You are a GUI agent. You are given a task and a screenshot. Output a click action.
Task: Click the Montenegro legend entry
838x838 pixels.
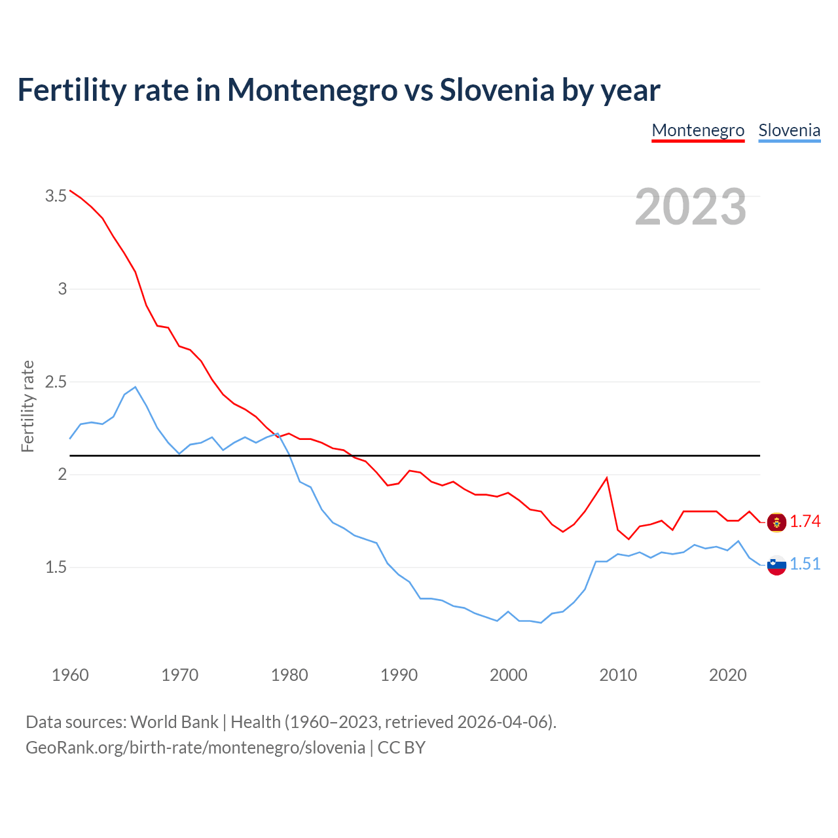point(698,130)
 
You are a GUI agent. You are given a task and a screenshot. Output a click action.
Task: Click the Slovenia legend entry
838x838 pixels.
point(789,130)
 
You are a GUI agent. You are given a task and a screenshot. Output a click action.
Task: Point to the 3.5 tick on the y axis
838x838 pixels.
point(56,196)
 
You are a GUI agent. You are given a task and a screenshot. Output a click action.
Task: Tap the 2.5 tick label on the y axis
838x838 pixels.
point(56,382)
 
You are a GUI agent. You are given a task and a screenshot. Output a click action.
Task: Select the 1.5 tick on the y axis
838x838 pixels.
point(56,567)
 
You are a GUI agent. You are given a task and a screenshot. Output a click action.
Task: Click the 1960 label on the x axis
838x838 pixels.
point(70,675)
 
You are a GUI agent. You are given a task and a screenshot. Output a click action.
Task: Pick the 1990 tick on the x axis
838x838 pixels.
point(399,675)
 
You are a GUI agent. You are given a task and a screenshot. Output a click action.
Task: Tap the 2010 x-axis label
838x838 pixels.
point(618,675)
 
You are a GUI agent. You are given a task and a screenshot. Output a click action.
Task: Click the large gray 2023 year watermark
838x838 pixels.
point(691,207)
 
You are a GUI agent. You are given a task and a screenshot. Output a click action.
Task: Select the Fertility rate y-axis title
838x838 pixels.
point(27,406)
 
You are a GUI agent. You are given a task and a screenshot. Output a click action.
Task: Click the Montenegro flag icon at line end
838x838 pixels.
point(776,522)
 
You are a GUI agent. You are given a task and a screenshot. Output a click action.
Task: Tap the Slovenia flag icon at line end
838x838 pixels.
point(776,564)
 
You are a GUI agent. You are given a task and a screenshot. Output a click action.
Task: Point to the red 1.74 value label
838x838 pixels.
point(805,521)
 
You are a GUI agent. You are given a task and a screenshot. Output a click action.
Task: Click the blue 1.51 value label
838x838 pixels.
point(805,564)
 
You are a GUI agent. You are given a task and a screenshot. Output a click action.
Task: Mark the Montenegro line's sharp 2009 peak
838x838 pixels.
point(607,478)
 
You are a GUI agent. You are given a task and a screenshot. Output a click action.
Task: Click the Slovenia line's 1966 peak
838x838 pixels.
point(136,387)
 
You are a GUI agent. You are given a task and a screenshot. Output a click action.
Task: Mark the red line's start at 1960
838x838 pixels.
point(70,191)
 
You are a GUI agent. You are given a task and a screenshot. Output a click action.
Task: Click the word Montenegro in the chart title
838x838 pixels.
point(312,90)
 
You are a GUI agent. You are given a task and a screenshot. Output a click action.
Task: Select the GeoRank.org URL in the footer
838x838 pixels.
point(195,747)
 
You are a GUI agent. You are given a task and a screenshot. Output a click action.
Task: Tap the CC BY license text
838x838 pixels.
point(401,747)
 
